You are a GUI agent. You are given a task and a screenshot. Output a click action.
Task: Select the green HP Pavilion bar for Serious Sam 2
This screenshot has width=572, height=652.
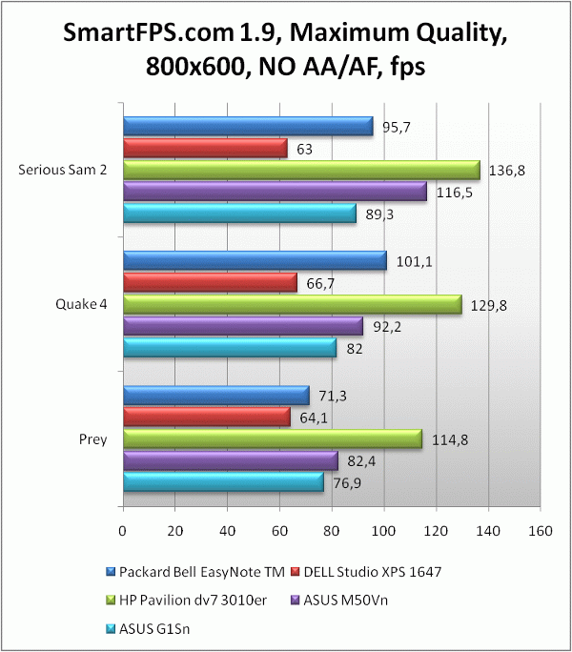click(300, 170)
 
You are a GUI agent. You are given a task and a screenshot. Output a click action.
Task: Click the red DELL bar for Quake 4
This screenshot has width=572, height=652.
click(210, 282)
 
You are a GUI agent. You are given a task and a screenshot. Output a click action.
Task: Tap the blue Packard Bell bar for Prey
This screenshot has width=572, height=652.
click(215, 395)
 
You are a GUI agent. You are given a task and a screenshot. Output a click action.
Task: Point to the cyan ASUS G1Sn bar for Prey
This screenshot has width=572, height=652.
click(223, 483)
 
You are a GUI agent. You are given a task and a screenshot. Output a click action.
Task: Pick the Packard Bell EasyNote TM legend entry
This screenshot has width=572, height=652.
click(185, 572)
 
